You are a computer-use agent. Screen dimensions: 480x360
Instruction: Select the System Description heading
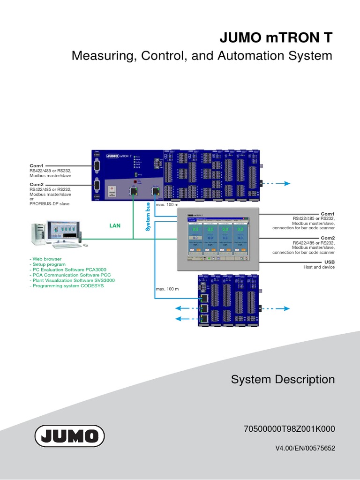point(283,379)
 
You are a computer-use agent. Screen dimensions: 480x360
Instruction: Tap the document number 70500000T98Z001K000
point(289,429)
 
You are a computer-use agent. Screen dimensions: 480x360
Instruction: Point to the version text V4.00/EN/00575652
point(305,448)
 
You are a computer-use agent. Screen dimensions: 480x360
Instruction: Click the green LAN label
point(115,225)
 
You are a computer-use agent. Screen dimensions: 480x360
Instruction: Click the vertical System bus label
point(148,217)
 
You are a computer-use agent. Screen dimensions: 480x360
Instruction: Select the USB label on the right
point(330,262)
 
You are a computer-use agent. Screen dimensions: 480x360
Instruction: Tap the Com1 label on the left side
point(37,165)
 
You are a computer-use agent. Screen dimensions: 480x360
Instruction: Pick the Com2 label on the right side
point(328,238)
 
